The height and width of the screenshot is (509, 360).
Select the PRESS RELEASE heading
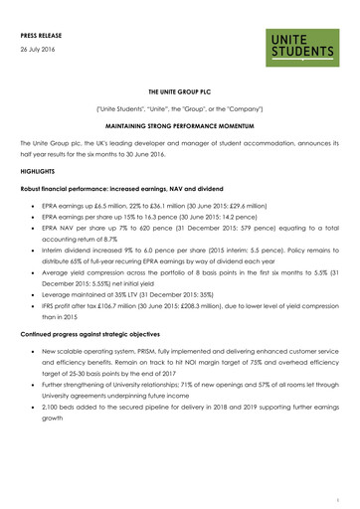point(44,34)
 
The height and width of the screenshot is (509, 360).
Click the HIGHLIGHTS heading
point(41,171)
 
